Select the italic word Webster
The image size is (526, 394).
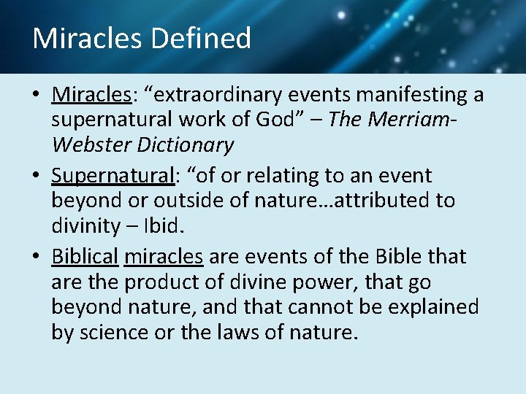point(87,144)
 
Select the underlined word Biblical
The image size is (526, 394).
point(85,257)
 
